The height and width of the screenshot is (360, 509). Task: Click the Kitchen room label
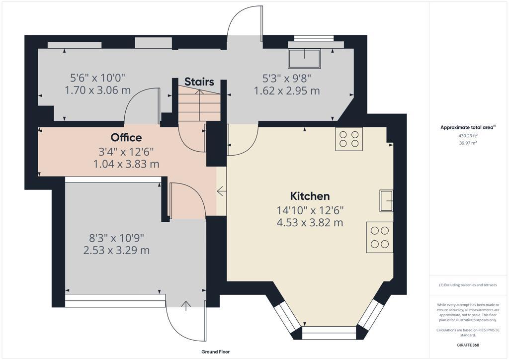click(x=310, y=196)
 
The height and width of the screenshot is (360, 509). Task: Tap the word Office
click(x=126, y=138)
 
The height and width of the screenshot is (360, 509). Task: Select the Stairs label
click(x=199, y=82)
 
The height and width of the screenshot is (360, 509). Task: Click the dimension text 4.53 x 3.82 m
click(x=310, y=222)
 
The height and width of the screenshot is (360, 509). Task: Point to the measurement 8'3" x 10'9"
click(x=117, y=238)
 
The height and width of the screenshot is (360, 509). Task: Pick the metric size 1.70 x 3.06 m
click(x=98, y=90)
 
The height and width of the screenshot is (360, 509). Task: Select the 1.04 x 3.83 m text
click(x=126, y=164)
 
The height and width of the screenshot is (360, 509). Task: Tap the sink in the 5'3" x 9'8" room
click(x=304, y=59)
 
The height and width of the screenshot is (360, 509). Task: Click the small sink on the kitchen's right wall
click(x=387, y=201)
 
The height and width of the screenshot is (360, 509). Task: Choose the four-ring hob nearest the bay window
click(x=380, y=237)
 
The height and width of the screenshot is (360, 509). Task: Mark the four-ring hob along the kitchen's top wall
click(x=349, y=139)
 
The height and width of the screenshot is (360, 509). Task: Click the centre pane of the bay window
click(x=329, y=333)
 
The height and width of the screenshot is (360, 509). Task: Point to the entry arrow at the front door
click(x=187, y=305)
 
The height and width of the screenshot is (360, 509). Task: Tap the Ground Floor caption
click(x=215, y=352)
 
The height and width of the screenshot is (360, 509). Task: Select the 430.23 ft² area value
click(x=468, y=135)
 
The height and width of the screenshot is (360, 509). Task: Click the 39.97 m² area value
click(x=468, y=143)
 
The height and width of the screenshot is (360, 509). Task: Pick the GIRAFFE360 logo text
click(x=468, y=345)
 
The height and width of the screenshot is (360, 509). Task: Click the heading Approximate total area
click(x=467, y=128)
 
